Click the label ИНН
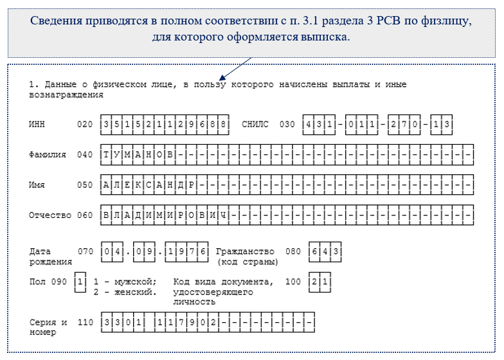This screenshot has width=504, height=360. (x=38, y=123)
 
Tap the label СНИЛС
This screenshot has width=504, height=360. (x=255, y=123)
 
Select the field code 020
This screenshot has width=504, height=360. (x=84, y=123)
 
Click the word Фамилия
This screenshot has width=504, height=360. (x=48, y=155)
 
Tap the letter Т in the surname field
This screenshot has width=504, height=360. (x=107, y=155)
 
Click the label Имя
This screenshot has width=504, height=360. (x=37, y=184)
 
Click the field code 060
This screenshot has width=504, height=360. (x=84, y=215)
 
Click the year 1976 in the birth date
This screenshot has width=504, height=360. (x=187, y=251)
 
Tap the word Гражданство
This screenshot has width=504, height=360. (x=245, y=251)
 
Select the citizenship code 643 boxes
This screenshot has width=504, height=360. (x=325, y=251)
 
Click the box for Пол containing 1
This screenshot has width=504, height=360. (x=80, y=282)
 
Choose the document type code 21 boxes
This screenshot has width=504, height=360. (x=319, y=282)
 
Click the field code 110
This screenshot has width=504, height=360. (x=84, y=321)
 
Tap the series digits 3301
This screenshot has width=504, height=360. (x=122, y=321)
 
